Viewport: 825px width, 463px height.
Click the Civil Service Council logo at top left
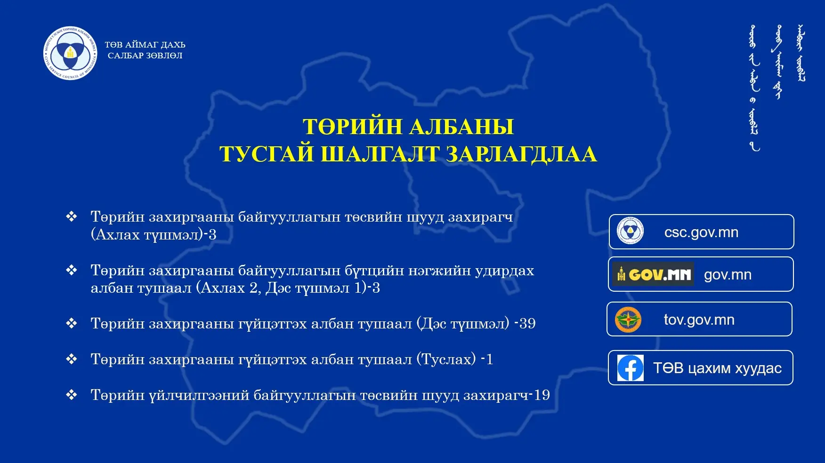pyautogui.click(x=71, y=53)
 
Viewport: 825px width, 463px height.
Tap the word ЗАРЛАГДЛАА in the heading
pyautogui.click(x=521, y=154)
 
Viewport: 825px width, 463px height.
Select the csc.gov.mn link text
pyautogui.click(x=701, y=232)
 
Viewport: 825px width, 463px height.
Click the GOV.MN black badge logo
pyautogui.click(x=653, y=274)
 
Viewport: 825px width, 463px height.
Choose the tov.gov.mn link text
pyautogui.click(x=699, y=320)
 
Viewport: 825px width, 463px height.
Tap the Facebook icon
pyautogui.click(x=631, y=368)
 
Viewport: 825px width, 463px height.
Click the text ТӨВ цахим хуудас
pyautogui.click(x=717, y=368)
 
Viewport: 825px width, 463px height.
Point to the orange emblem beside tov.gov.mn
pyautogui.click(x=628, y=320)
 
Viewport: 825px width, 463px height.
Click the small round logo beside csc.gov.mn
pyautogui.click(x=631, y=231)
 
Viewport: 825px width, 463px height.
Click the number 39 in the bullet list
pyautogui.click(x=527, y=324)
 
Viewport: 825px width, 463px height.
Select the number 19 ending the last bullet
pyautogui.click(x=542, y=395)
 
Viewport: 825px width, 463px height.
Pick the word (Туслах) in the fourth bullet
pyautogui.click(x=446, y=359)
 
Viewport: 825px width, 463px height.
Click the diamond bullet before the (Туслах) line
pyautogui.click(x=72, y=359)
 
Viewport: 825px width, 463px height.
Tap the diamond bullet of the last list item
pyautogui.click(x=72, y=395)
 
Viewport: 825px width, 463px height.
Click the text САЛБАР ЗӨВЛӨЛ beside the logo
pyautogui.click(x=145, y=56)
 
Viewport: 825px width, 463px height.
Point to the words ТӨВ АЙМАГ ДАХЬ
pyautogui.click(x=145, y=45)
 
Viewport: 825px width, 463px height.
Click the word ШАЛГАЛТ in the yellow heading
pyautogui.click(x=380, y=154)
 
